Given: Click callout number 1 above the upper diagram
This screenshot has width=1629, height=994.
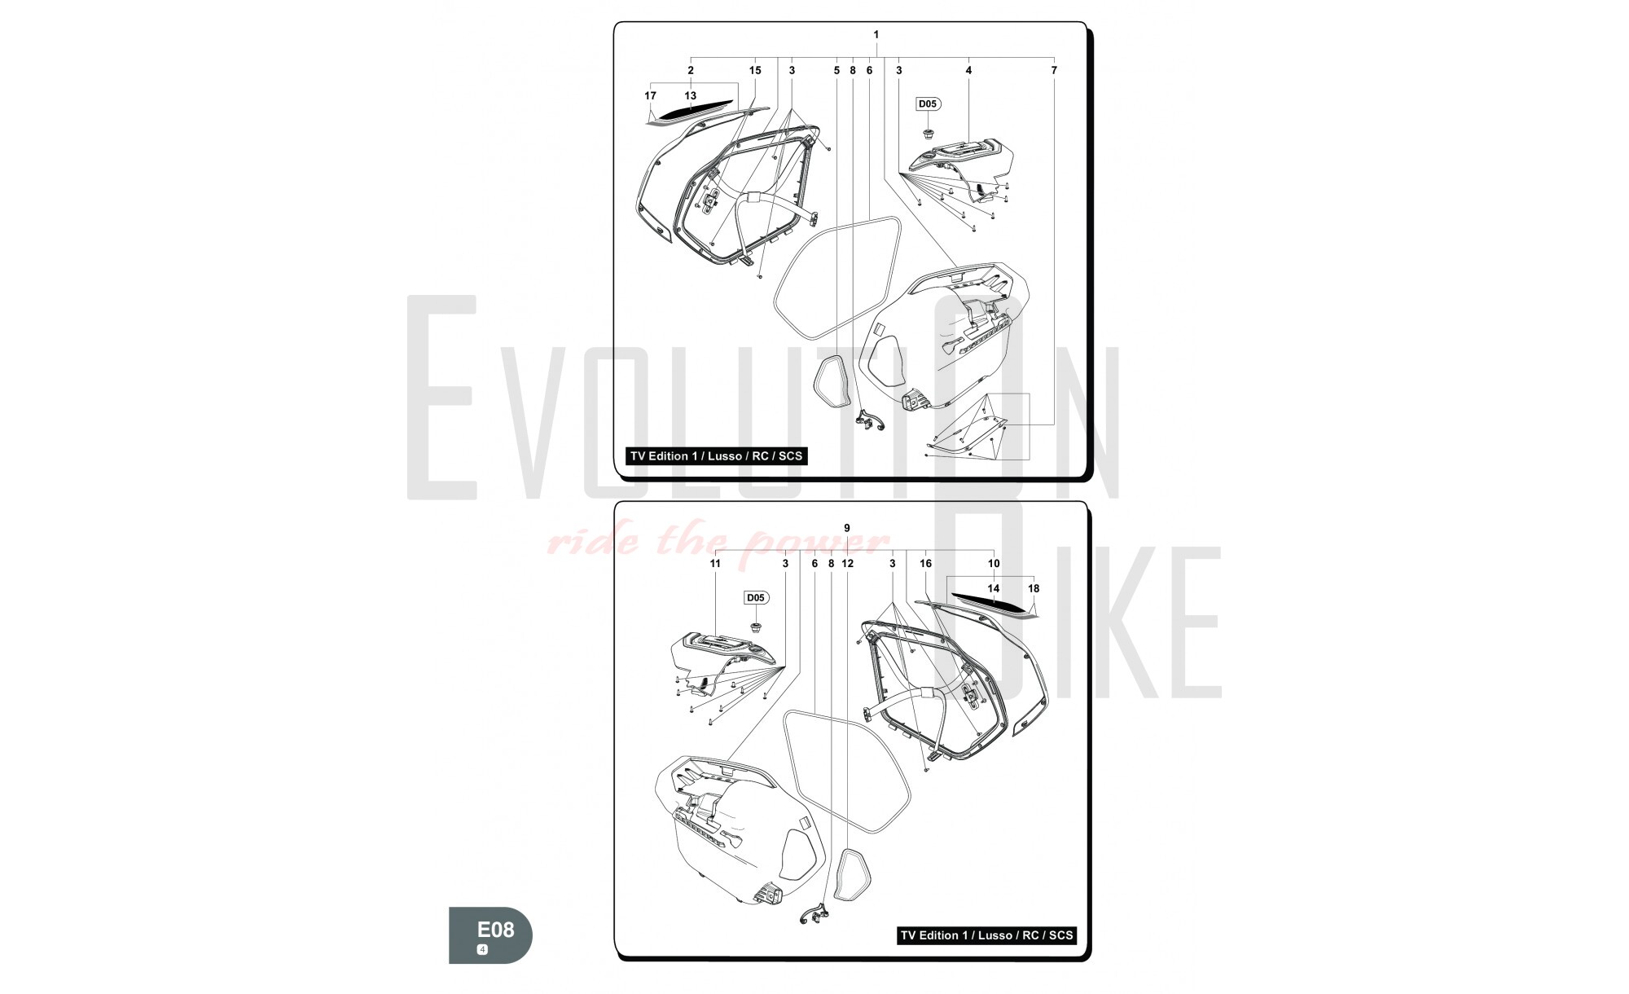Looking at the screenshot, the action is coord(876,34).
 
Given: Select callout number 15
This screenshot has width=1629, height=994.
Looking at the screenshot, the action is coord(755,70).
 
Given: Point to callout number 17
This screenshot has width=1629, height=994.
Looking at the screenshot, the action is coord(650,95).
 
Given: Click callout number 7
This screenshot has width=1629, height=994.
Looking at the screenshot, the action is coord(1054,70).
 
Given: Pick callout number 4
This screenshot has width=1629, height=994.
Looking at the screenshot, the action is coord(968,70).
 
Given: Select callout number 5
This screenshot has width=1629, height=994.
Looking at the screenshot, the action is coord(836,70).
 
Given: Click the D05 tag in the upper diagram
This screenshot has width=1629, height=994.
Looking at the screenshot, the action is coord(928,103).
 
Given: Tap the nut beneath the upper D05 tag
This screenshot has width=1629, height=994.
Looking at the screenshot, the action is coord(928,132).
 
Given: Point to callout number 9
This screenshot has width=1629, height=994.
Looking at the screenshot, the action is coord(847,528).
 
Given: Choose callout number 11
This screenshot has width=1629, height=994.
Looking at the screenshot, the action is coord(715,563).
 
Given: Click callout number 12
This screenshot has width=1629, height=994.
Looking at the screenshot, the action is coord(847,563).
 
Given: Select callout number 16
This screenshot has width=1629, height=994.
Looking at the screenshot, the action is coord(925,563).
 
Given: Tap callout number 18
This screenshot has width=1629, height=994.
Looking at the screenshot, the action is coord(1034,588).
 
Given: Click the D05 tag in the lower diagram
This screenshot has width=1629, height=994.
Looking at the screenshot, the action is coord(756,598).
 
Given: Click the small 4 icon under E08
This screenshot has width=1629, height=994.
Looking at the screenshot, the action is coord(482,950).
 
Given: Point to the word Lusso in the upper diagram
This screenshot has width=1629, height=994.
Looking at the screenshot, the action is coord(724,456).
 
